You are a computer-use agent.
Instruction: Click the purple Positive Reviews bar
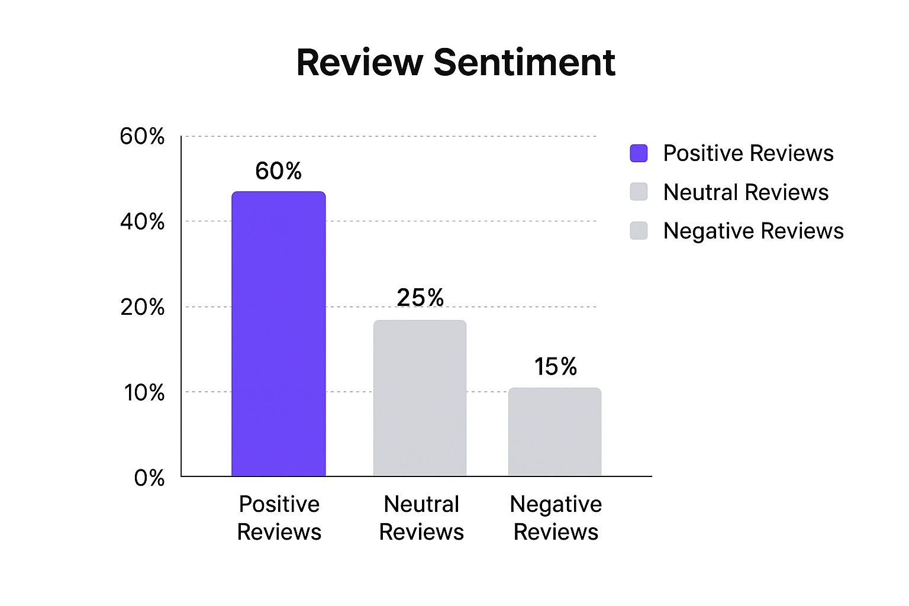pos(278,334)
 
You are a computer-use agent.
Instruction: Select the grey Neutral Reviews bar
pos(420,398)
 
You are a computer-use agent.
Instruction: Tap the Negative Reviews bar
pos(555,431)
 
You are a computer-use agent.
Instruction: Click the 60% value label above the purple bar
pos(278,171)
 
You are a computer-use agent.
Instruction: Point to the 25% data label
pos(420,297)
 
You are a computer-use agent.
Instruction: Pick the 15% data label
pos(555,366)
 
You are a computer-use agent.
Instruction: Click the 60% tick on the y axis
pos(142,136)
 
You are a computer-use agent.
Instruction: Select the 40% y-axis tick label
pos(142,222)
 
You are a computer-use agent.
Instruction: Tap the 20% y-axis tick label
pos(142,307)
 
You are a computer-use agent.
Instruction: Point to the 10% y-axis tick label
pos(144,392)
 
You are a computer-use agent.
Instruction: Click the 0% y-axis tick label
pos(149,478)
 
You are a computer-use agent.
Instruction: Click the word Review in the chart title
pos(360,62)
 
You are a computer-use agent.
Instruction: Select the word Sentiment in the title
pos(524,62)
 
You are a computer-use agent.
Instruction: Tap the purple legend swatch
pos(639,153)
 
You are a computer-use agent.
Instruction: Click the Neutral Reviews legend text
pos(746,192)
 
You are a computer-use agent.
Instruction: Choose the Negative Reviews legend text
pos(753,231)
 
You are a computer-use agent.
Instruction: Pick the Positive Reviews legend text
pos(748,153)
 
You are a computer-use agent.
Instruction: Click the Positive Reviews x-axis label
pos(279,518)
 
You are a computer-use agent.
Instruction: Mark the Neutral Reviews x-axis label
pos(421,518)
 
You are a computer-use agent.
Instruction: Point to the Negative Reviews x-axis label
pos(556,518)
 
